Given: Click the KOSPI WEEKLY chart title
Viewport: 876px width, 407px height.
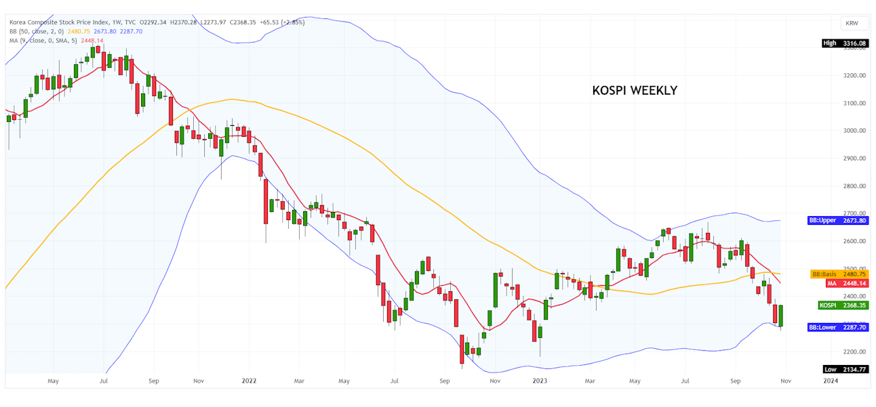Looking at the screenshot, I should pyautogui.click(x=634, y=91).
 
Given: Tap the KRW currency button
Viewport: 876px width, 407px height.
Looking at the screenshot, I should pyautogui.click(x=852, y=23).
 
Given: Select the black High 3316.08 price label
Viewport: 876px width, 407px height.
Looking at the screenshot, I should pyautogui.click(x=844, y=43).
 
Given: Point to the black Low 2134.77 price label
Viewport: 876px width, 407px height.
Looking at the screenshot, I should pyautogui.click(x=844, y=369).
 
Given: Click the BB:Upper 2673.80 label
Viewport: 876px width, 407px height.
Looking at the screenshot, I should pyautogui.click(x=838, y=220).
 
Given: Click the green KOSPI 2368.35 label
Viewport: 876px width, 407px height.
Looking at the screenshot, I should pyautogui.click(x=843, y=305).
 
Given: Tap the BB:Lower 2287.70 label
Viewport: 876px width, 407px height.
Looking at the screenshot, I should pyautogui.click(x=838, y=327).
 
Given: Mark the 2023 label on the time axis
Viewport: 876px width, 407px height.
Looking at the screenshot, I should pyautogui.click(x=540, y=381).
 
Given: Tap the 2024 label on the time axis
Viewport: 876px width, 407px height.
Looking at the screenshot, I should pyautogui.click(x=830, y=381).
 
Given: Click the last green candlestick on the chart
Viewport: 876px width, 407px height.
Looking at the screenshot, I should pyautogui.click(x=781, y=316).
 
